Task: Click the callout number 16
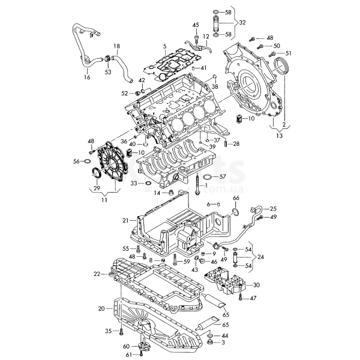(87, 77)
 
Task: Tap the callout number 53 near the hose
(108, 72)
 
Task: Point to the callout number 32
(242, 23)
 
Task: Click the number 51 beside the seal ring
(289, 53)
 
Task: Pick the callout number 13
(277, 137)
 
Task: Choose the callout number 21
(125, 220)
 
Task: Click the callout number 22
(97, 274)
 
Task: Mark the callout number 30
(257, 285)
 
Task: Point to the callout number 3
(223, 343)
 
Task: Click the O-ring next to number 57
(205, 177)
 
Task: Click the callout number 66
(236, 199)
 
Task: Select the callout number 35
(109, 331)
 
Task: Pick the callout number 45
(196, 25)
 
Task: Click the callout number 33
(134, 183)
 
